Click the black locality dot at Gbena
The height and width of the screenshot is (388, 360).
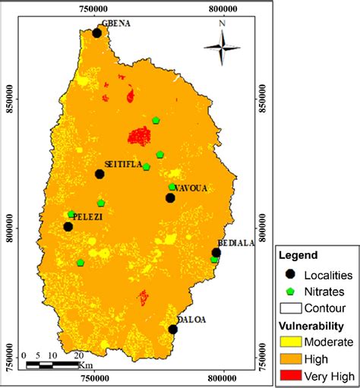[x=97, y=33]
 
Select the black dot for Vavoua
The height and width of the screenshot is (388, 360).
[x=170, y=198]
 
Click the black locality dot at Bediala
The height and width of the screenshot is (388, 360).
[x=216, y=253]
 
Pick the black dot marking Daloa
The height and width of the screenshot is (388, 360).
[x=173, y=329]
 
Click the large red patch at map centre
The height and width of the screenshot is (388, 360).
[x=139, y=136]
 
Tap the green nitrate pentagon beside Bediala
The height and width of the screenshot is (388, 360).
[x=214, y=260]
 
